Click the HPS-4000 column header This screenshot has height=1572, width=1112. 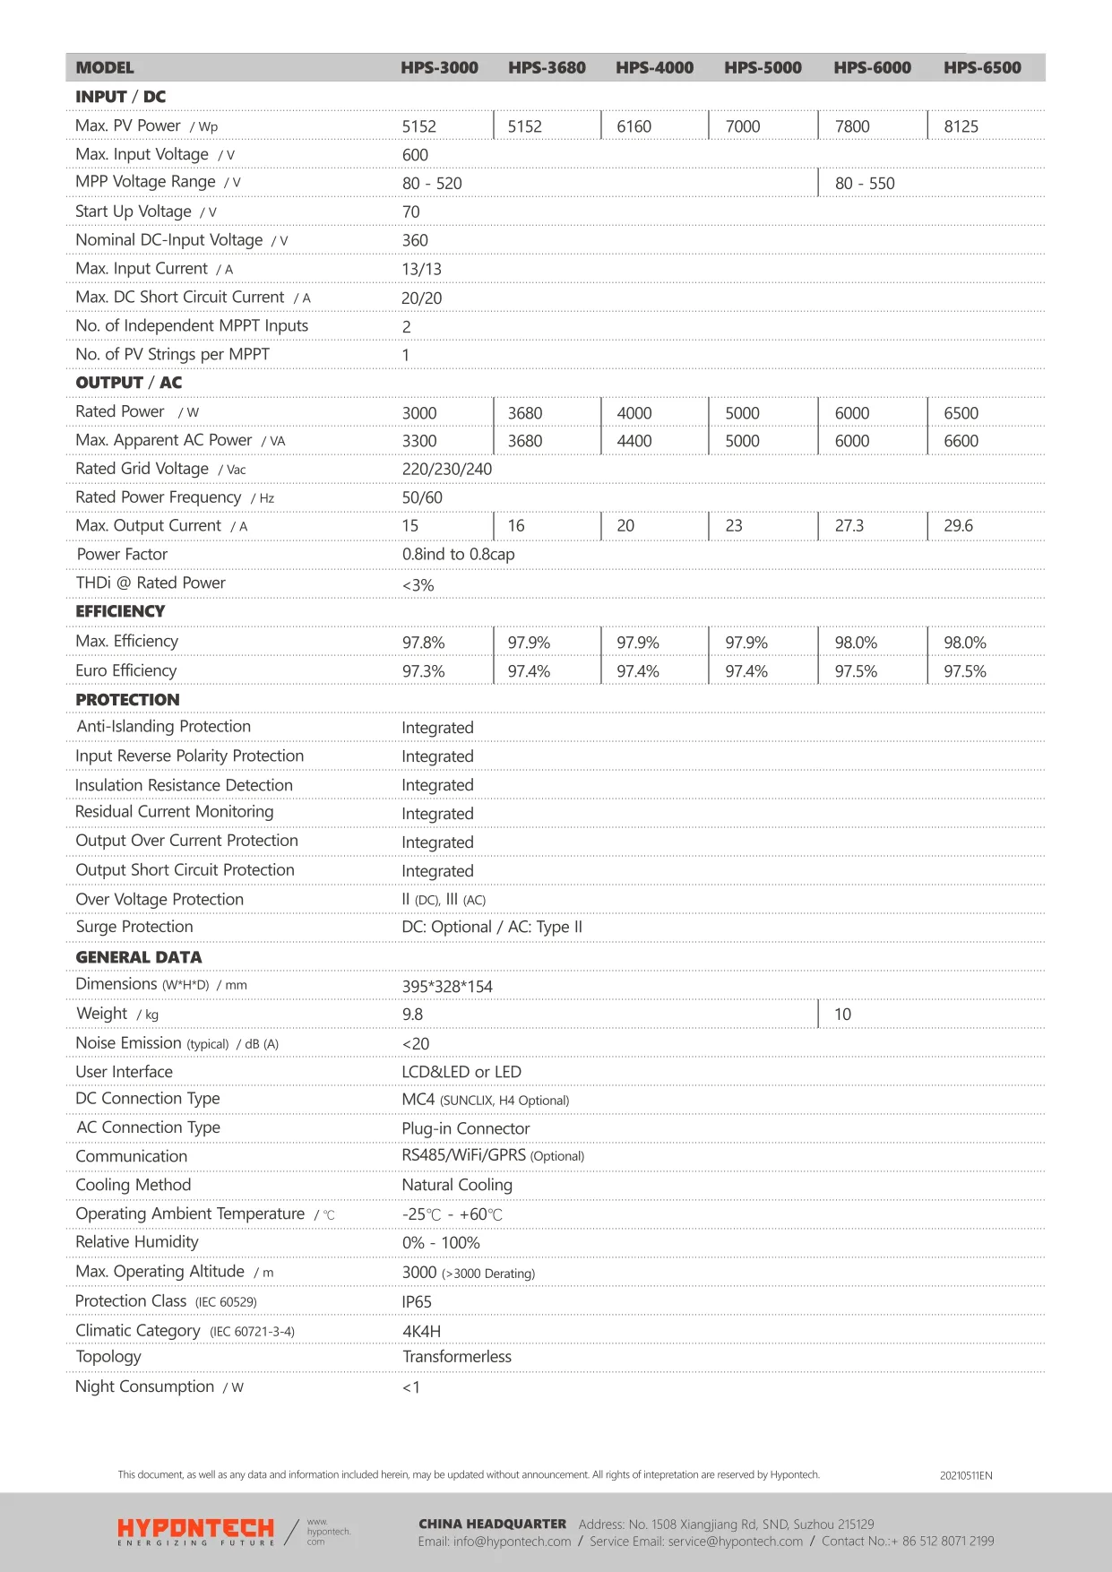pos(654,67)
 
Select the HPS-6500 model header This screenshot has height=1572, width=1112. pos(982,67)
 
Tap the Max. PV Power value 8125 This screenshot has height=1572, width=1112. pos(961,126)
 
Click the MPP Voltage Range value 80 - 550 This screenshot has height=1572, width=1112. pos(865,184)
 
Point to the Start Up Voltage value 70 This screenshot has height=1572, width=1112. pos(411,212)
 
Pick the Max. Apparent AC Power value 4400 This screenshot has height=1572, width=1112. pos(634,441)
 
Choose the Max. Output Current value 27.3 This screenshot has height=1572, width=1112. pos(849,526)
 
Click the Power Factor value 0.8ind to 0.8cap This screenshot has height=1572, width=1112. pos(458,555)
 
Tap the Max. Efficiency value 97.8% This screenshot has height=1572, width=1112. pos(423,643)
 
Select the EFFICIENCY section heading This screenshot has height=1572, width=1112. pos(120,611)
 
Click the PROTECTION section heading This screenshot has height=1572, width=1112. pos(127,700)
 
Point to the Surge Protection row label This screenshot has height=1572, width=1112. pos(134,927)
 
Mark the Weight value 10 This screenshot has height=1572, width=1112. pos(843,1015)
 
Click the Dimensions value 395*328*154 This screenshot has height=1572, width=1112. pos(447,987)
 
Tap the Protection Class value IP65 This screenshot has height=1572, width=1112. pos(417,1302)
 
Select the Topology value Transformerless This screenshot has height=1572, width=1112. pos(457,1357)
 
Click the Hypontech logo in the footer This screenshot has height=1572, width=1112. pos(195,1531)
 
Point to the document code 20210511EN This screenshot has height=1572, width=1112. pos(966,1475)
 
